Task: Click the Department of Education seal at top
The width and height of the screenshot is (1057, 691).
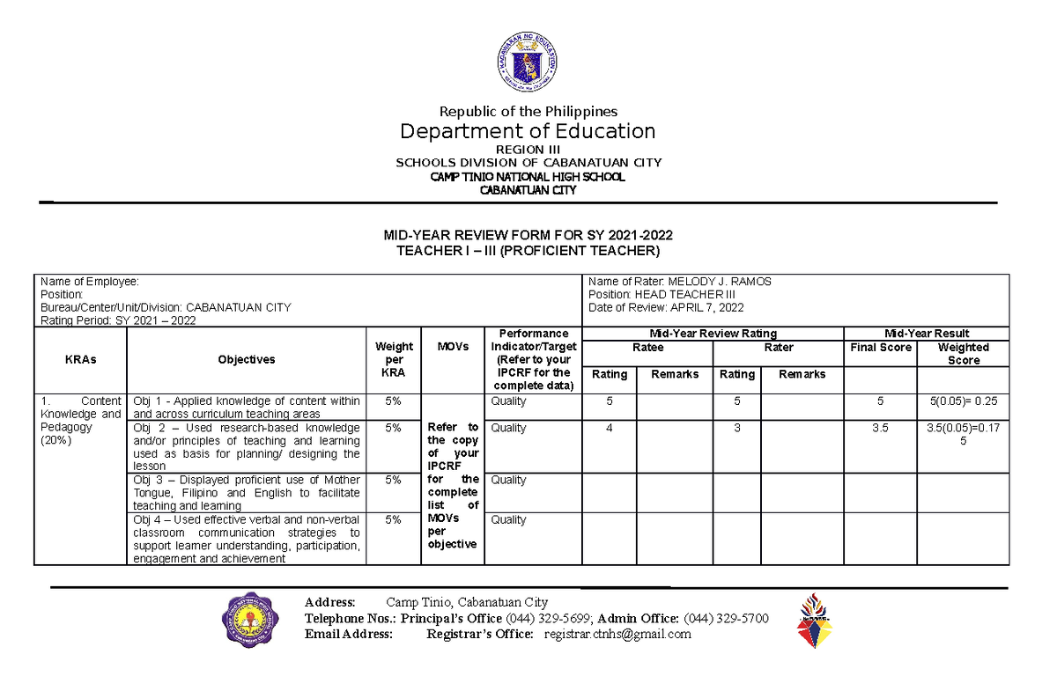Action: (x=528, y=60)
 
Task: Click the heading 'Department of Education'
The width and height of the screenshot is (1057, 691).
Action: (x=528, y=131)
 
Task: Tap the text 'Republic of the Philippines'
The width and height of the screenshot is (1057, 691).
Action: (x=528, y=111)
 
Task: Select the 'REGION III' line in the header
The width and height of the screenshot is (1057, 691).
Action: (x=528, y=150)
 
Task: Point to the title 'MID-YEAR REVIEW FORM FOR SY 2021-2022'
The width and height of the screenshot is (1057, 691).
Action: (x=528, y=235)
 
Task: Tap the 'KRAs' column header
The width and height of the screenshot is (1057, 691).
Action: (x=80, y=360)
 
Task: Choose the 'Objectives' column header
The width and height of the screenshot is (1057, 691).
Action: (x=247, y=360)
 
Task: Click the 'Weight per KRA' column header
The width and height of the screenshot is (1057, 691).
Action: (x=394, y=360)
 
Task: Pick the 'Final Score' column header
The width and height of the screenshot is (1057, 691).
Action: (x=880, y=348)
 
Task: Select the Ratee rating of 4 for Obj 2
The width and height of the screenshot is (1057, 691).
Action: (x=609, y=428)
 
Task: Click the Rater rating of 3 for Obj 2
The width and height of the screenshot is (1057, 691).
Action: (x=736, y=428)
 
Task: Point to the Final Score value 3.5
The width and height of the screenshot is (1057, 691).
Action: (x=880, y=428)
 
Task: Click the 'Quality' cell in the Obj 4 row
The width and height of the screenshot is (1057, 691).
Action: (x=508, y=520)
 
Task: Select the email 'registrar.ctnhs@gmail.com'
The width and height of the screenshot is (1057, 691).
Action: (x=617, y=635)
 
